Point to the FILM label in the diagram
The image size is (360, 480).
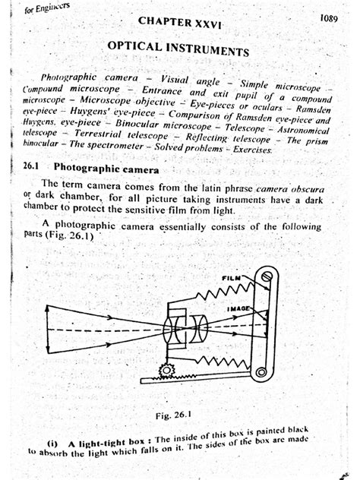click(x=230, y=280)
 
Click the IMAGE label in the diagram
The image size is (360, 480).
click(x=238, y=309)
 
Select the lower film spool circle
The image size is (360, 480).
click(x=262, y=371)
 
